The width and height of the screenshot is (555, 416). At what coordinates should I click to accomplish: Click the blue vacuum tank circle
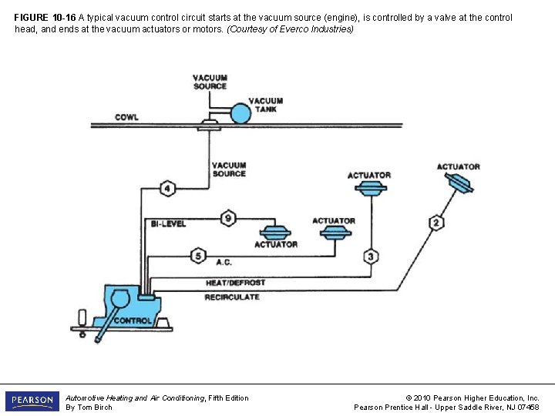click(241, 113)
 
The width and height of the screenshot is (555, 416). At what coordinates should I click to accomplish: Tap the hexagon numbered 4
click(167, 188)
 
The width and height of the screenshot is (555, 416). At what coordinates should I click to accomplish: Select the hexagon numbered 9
click(228, 218)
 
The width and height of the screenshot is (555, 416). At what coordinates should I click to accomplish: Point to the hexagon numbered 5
click(197, 255)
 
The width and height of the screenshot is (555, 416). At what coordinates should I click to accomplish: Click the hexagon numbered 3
click(372, 256)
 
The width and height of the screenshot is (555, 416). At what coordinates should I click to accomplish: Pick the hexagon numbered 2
click(436, 223)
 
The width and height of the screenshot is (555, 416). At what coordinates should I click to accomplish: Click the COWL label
click(126, 117)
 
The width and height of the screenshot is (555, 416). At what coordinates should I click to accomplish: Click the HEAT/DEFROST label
click(235, 283)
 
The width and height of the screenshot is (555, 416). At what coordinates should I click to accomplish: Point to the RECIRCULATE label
click(232, 297)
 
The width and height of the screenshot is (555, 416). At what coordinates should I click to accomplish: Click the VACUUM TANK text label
click(266, 105)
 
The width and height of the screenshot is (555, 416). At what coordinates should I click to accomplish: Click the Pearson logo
click(32, 401)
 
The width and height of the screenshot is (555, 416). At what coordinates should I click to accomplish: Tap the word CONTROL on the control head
click(133, 320)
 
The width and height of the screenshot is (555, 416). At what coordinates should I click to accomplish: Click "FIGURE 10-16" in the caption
click(45, 17)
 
